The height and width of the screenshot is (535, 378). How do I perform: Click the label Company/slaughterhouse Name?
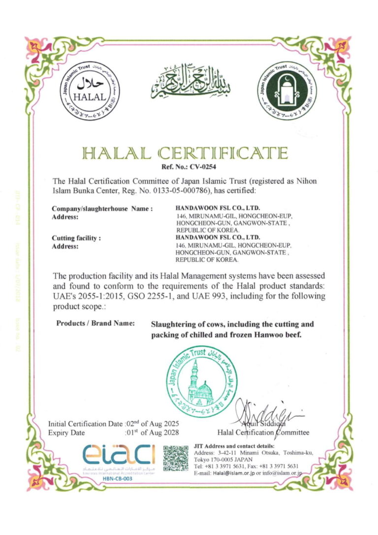click(102, 209)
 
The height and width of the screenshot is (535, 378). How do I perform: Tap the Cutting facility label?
click(76, 238)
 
